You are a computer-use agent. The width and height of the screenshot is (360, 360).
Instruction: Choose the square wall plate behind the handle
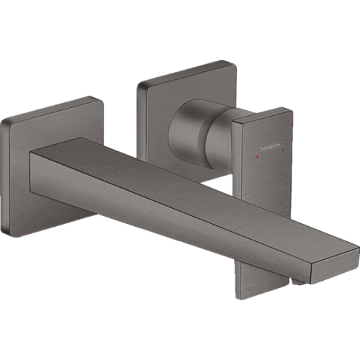pyautogui.click(x=155, y=94)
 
